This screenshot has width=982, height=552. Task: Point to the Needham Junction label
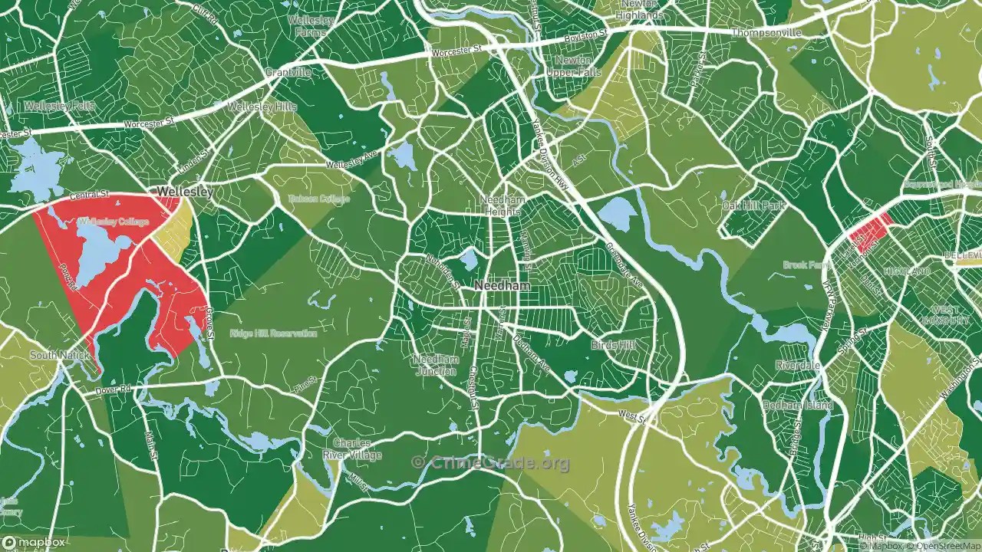(x=436, y=365)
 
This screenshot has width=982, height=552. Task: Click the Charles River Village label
(x=352, y=449)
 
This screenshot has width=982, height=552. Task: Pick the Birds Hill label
(x=614, y=346)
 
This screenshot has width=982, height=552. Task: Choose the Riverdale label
(x=797, y=366)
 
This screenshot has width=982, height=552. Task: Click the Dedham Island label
(x=797, y=406)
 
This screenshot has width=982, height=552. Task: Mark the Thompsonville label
(x=766, y=33)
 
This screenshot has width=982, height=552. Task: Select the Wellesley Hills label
(x=262, y=107)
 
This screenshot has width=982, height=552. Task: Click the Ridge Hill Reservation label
(x=273, y=333)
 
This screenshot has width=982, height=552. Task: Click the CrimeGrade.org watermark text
(x=491, y=462)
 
